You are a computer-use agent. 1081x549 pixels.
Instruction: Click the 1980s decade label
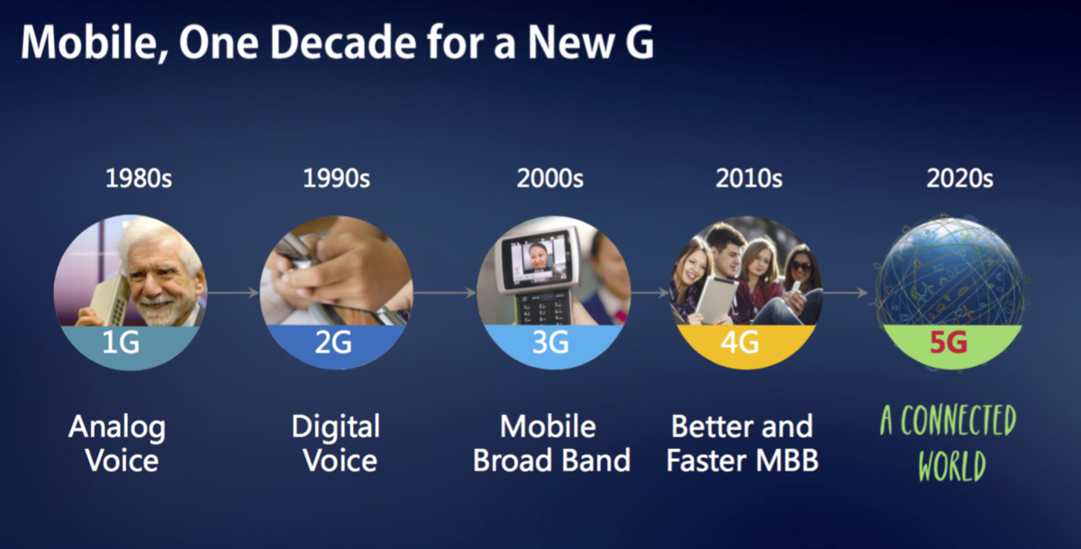point(139,178)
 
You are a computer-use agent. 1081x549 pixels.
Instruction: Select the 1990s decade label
point(336,178)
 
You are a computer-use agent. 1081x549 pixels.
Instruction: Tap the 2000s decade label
point(550,178)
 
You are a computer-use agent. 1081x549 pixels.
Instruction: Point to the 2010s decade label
point(749,178)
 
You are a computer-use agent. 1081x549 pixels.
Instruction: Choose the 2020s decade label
point(960,178)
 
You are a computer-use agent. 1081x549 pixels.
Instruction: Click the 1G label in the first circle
point(121,342)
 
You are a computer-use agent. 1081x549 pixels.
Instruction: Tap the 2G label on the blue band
point(333,342)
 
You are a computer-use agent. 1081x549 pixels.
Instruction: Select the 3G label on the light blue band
point(550,342)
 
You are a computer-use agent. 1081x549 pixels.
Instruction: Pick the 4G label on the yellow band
point(740,342)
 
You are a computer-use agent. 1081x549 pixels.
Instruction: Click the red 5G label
point(949,342)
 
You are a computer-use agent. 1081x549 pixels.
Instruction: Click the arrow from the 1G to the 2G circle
point(233,293)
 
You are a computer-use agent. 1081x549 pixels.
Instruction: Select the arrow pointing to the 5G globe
point(845,293)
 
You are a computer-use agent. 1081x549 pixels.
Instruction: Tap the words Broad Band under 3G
point(551,460)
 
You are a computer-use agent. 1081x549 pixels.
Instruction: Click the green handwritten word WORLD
point(952,465)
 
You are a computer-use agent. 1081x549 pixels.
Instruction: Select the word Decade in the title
point(343,42)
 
